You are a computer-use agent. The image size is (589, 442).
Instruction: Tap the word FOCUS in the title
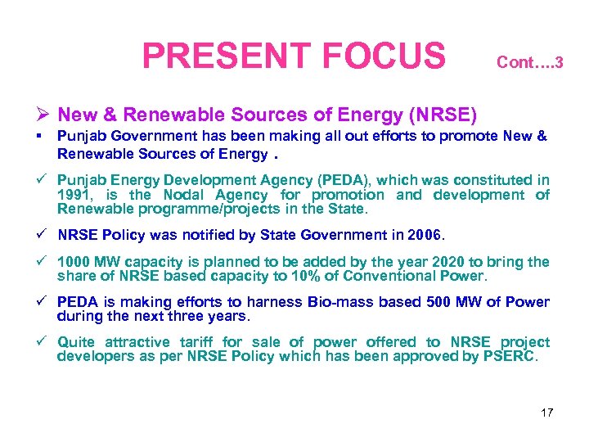point(384,56)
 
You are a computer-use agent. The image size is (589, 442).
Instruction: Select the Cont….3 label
point(529,62)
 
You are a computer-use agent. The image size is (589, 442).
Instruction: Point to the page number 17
point(546,413)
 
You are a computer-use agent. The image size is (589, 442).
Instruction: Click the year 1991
point(74,195)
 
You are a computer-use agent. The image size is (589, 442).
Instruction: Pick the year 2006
point(424,235)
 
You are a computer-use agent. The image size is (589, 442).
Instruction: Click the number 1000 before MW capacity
point(74,262)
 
